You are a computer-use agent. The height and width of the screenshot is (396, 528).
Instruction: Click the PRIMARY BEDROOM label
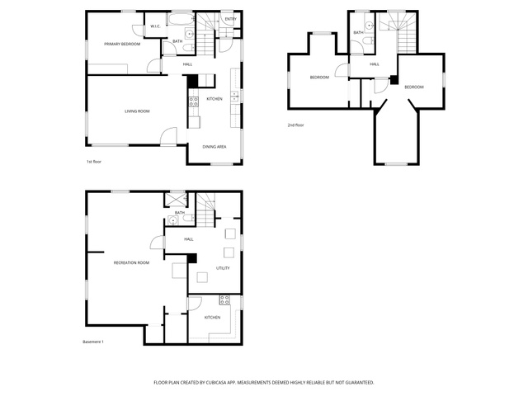(x=122, y=44)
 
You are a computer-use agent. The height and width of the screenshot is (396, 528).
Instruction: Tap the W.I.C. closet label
(x=155, y=26)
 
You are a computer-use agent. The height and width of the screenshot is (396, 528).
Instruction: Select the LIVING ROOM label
(x=137, y=111)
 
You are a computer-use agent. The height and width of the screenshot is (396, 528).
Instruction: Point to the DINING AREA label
(x=214, y=147)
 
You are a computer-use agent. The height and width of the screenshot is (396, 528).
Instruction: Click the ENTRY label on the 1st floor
(x=231, y=19)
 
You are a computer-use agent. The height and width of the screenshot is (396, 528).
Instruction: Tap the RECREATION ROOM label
(x=131, y=262)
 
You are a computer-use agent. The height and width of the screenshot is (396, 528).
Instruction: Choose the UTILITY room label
(x=223, y=268)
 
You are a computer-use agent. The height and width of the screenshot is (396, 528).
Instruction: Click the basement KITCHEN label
(x=213, y=317)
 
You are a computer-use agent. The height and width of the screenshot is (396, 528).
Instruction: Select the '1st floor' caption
(x=94, y=162)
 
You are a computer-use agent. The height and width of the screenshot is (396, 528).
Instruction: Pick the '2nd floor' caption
(x=295, y=125)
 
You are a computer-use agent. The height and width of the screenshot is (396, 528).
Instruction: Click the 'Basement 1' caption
(x=93, y=342)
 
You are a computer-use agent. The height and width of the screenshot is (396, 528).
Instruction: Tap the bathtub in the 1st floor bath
(x=181, y=20)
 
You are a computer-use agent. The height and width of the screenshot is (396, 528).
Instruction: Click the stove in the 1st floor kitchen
(x=194, y=101)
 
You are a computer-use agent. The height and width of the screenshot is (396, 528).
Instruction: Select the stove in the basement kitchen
(x=224, y=300)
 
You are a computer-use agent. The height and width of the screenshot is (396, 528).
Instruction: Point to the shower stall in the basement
(x=175, y=200)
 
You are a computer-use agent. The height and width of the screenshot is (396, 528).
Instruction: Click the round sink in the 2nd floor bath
(x=370, y=25)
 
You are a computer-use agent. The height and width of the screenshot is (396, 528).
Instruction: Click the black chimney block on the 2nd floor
(x=394, y=80)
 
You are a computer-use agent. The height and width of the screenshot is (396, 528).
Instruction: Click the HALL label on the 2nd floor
(x=375, y=64)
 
